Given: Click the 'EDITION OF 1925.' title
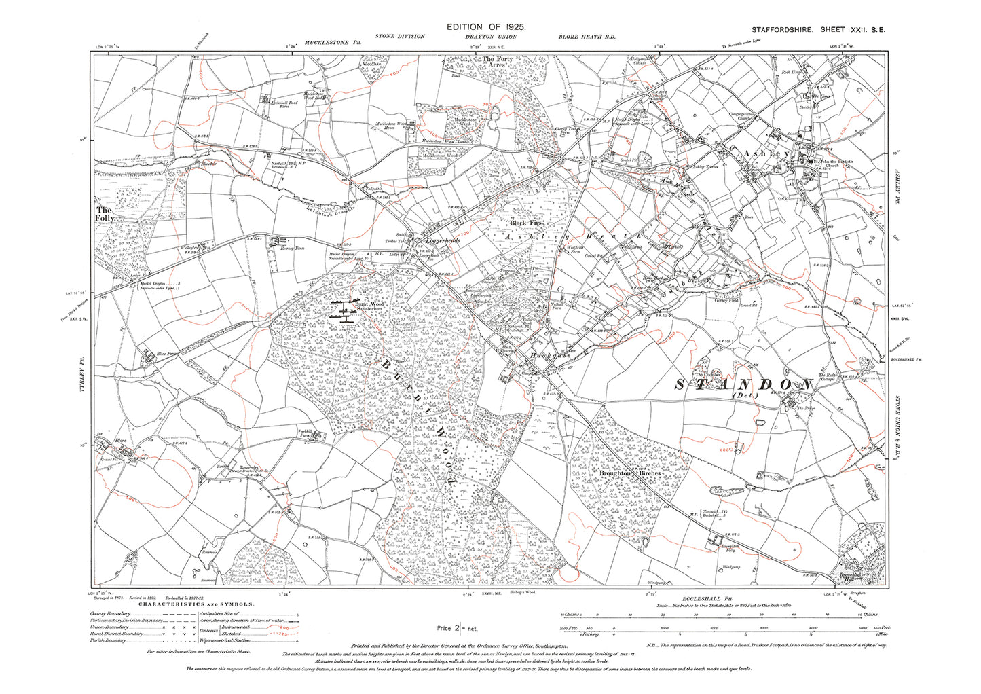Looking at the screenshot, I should pos(486,26).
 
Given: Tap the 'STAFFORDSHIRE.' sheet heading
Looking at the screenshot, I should pos(781,30).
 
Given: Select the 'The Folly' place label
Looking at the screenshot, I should pos(104,215).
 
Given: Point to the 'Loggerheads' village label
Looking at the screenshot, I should pos(442,240).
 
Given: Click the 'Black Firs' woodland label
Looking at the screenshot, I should pos(527,223).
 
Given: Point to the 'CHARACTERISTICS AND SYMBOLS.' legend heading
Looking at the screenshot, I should pos(197,604).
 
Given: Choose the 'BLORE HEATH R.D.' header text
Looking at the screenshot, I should pos(587,37).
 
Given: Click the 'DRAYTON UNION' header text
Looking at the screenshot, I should pos(486,37).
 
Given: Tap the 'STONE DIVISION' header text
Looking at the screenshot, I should pos(399,37).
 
